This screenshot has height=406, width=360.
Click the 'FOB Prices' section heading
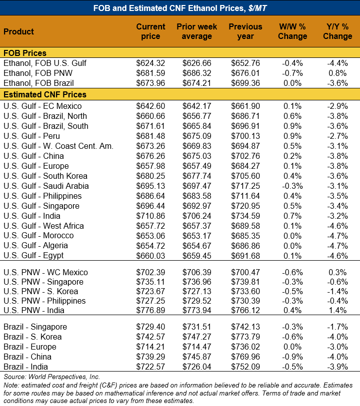(25, 53)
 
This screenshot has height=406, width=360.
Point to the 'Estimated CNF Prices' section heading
(45, 94)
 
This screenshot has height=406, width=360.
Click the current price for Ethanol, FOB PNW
(150, 73)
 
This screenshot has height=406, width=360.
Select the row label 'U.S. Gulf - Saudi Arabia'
(46, 186)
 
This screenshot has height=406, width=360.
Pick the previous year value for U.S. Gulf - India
(245, 216)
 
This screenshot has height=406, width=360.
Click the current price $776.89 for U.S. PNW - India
(150, 311)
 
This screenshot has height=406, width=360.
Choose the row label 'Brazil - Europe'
(30, 347)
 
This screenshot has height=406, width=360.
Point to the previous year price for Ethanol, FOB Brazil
(245, 83)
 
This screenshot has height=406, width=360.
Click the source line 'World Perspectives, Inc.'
(52, 377)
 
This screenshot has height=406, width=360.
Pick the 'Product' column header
(19, 31)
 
